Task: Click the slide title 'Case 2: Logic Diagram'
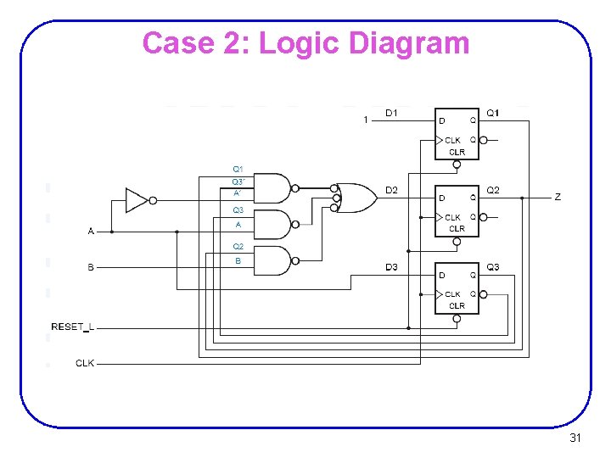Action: [x=305, y=42]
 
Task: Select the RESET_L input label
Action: [x=73, y=327]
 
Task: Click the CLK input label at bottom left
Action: [x=85, y=363]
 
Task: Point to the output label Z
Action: [x=558, y=197]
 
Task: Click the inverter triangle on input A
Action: [x=137, y=200]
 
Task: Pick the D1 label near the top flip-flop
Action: [x=392, y=113]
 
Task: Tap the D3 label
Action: [x=391, y=268]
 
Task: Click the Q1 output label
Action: [x=493, y=113]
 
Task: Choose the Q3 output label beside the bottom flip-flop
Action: [x=493, y=268]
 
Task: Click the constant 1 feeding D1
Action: [x=366, y=120]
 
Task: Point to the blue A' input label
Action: [x=238, y=193]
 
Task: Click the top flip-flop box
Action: [x=457, y=134]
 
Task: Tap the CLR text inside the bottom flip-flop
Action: [x=457, y=305]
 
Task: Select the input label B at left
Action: [x=91, y=268]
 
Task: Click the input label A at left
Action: [x=91, y=231]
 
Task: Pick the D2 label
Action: [x=391, y=190]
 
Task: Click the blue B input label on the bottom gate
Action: [x=238, y=261]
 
